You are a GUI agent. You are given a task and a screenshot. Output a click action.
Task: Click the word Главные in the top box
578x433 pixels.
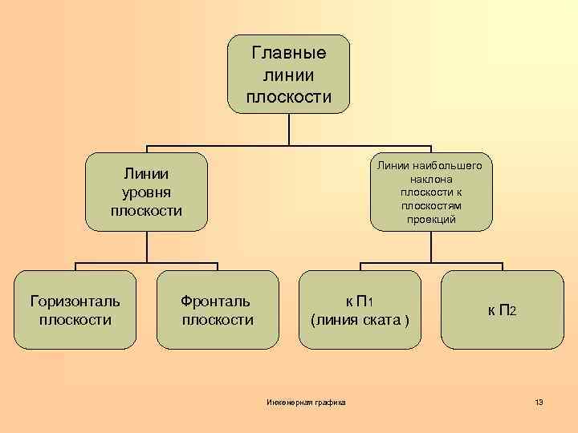pos(289,54)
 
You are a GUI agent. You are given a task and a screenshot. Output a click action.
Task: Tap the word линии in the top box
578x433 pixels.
pos(289,75)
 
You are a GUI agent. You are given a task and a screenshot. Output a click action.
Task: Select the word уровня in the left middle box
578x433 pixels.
pos(146,192)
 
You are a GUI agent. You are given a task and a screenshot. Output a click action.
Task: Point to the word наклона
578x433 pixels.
pos(431,179)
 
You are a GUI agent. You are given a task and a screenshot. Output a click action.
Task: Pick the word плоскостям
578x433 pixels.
pos(431,206)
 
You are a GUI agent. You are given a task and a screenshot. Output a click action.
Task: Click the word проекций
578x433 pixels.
pos(431,220)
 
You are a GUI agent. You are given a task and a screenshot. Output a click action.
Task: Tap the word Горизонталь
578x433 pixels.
pos(75,301)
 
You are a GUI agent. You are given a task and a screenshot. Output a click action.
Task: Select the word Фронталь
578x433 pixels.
pos(216,301)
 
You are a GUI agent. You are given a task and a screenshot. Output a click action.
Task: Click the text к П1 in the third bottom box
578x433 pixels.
pos(360,301)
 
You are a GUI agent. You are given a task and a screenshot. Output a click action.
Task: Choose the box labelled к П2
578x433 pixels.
pos(503,310)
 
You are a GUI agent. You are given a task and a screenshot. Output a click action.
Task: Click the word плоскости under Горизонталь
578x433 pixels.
pos(75,320)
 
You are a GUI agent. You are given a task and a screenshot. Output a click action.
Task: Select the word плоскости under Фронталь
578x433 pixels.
pos(217,320)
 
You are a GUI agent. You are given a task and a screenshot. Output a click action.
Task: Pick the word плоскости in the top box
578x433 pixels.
pos(289,97)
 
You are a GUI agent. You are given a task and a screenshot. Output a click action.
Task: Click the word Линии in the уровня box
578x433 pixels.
pos(146,173)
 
